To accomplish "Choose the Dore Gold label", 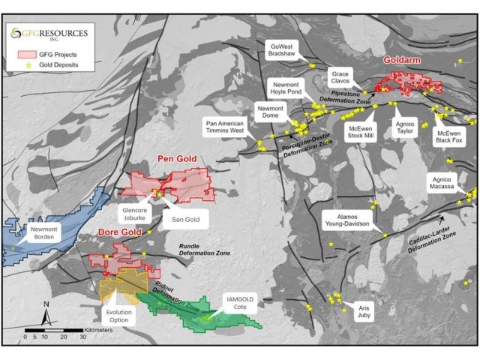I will pyautogui.click(x=120, y=233).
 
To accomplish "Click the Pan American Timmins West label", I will pyautogui.click(x=226, y=126).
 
